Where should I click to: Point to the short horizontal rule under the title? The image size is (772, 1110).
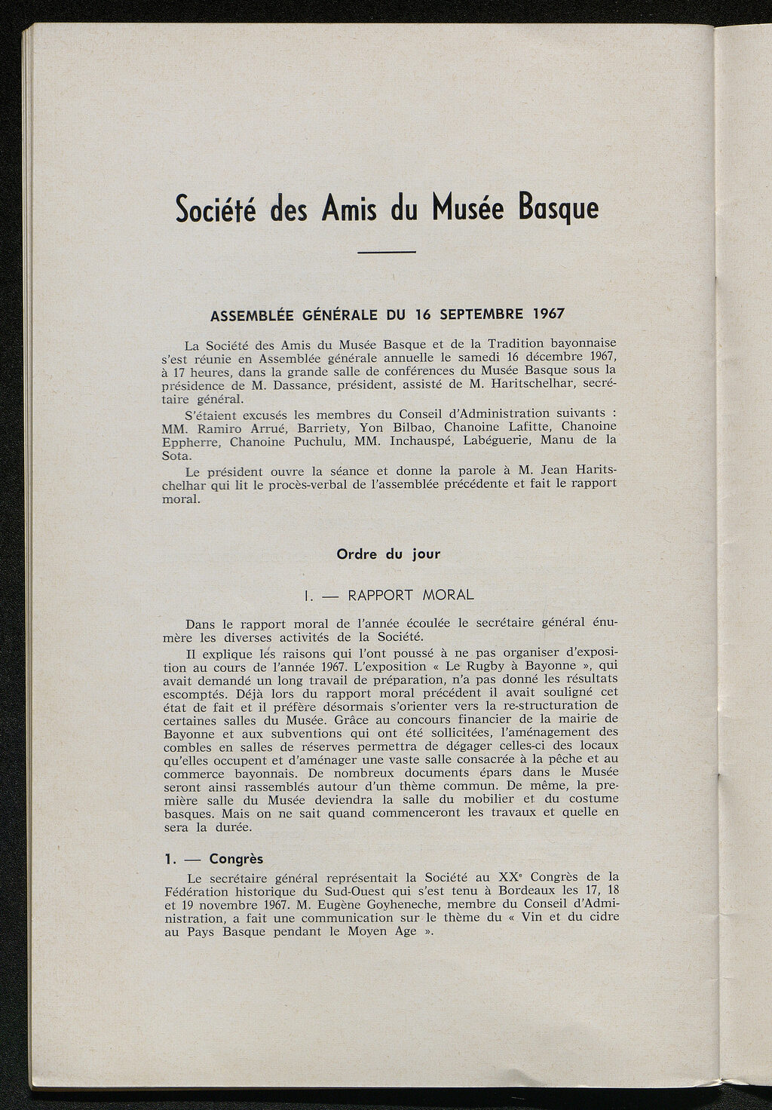[386, 252]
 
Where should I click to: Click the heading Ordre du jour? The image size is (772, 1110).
[388, 553]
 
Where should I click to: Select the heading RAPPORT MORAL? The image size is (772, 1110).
[410, 595]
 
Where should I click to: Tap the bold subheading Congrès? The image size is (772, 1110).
[236, 859]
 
